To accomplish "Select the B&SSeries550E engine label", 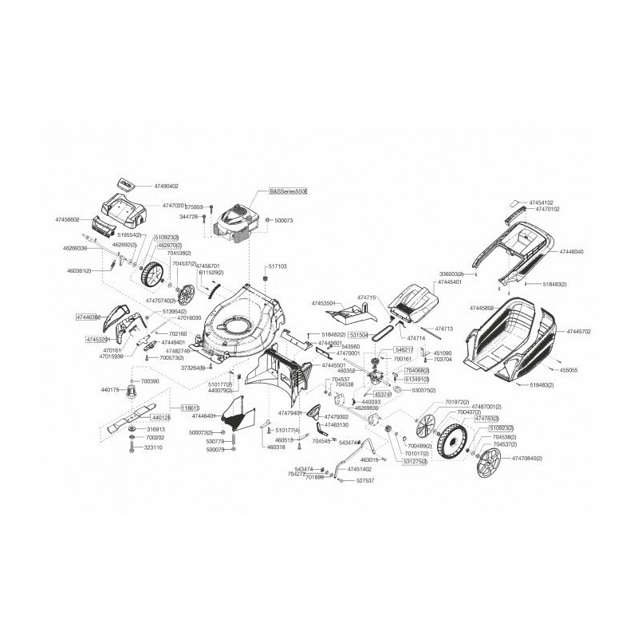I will coord(287,192).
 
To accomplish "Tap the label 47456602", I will coord(70,219).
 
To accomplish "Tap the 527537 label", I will coord(364,481).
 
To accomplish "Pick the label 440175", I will coord(110,390).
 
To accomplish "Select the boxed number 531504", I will coord(358,336).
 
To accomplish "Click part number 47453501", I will coord(326,304).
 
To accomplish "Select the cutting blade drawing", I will coord(128,413).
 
